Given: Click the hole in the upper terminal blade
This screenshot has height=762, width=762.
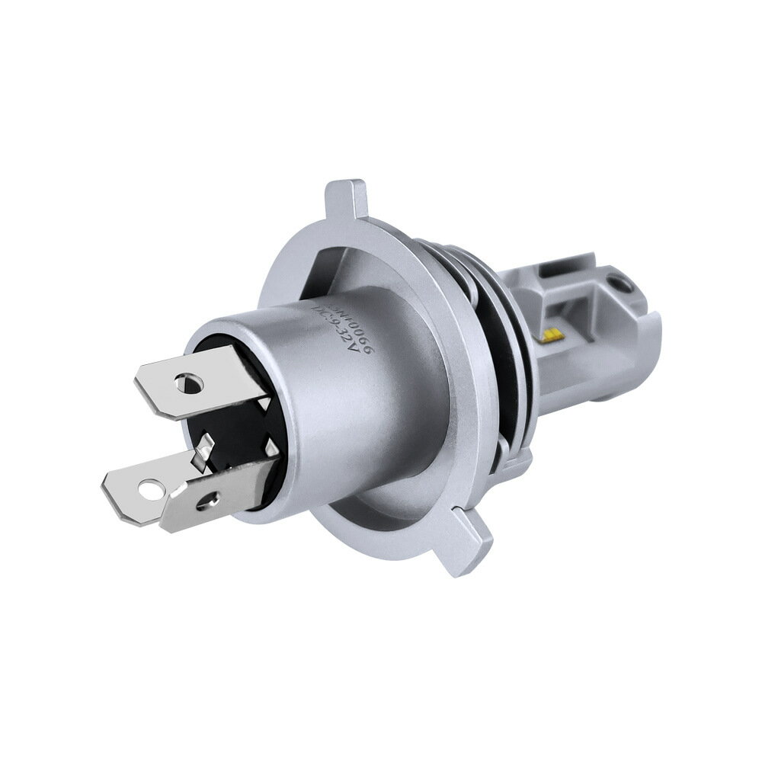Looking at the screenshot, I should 185,381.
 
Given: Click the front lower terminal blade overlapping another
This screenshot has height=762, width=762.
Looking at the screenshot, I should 221,491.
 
